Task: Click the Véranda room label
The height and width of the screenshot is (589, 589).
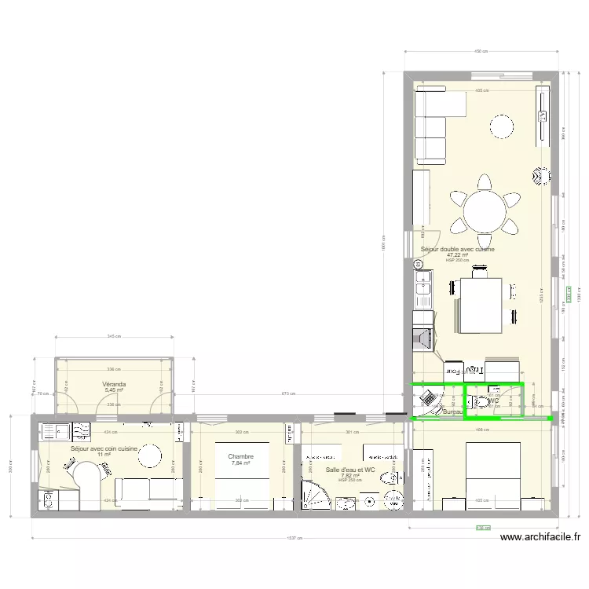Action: click(x=115, y=384)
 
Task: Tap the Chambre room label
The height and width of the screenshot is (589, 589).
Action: click(x=240, y=456)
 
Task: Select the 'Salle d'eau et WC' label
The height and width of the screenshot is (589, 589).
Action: click(x=350, y=470)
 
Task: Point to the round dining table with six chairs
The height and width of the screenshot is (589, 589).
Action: click(x=485, y=210)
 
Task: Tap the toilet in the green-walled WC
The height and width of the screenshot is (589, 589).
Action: click(x=481, y=402)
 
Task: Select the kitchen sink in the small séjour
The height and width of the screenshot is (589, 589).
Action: click(x=52, y=430)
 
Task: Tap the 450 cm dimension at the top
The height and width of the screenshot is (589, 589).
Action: click(x=480, y=52)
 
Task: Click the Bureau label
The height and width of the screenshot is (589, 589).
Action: click(x=453, y=412)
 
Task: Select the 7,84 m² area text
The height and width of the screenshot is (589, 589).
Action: click(x=240, y=463)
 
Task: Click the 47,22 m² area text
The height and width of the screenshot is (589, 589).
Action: click(x=457, y=254)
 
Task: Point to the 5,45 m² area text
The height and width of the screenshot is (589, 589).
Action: click(x=115, y=390)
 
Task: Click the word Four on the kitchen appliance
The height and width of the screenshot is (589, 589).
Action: click(x=453, y=371)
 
